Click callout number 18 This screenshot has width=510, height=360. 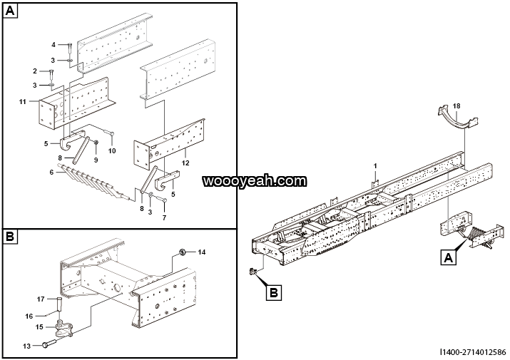(457, 106)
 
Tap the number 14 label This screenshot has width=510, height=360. (201, 252)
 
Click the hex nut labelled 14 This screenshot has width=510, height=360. (183, 252)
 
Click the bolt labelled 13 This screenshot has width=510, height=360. (46, 345)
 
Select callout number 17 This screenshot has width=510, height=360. (41, 299)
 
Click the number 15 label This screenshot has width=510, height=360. (40, 326)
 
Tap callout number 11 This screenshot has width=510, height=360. (23, 102)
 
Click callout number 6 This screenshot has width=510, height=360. (51, 172)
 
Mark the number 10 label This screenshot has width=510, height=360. (111, 151)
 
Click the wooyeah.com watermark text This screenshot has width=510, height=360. (255, 182)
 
